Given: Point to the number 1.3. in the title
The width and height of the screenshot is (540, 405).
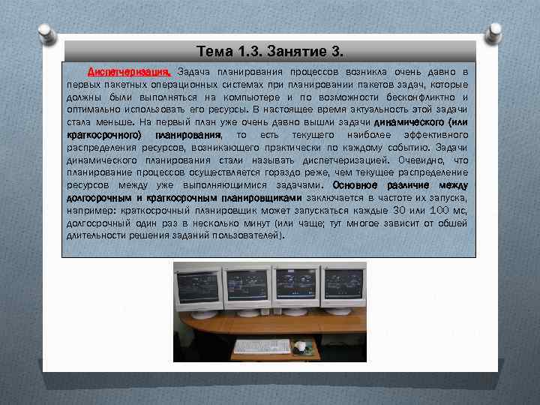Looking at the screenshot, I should point(252,52).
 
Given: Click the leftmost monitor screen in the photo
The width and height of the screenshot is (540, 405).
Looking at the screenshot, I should point(197,286).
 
